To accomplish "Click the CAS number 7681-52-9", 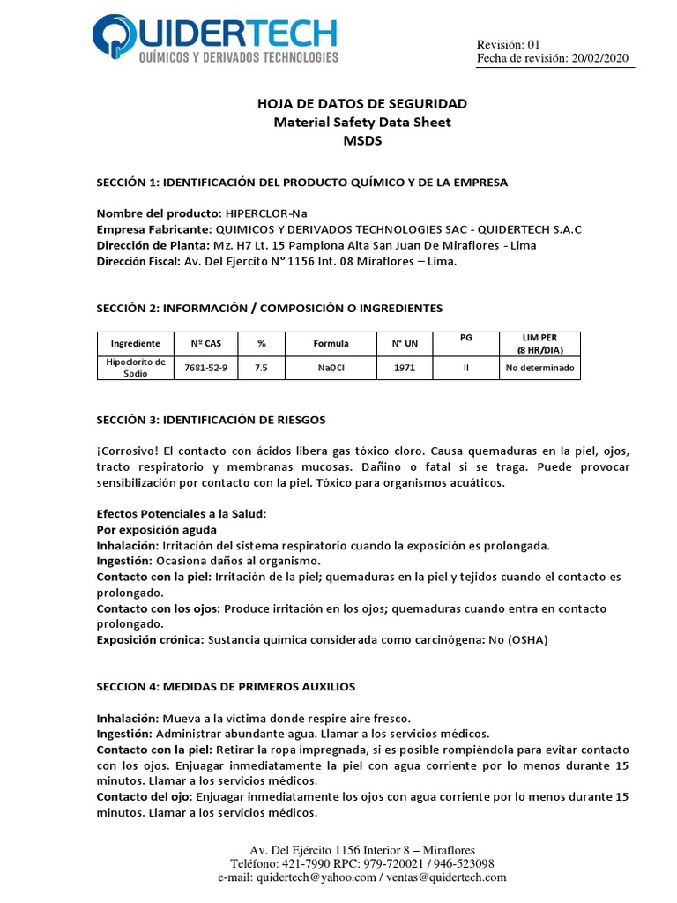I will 205,368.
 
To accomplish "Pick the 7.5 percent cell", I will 261,368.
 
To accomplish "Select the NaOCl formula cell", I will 331,368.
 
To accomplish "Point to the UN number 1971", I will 404,368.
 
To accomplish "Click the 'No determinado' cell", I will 539,368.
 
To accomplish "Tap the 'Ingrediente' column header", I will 135,343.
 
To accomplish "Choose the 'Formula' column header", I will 331,343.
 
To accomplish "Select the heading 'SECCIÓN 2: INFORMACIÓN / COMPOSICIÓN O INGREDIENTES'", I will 269,308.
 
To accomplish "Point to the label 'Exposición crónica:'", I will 150,640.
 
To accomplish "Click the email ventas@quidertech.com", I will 445,877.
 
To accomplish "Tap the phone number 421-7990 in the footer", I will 305,863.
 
